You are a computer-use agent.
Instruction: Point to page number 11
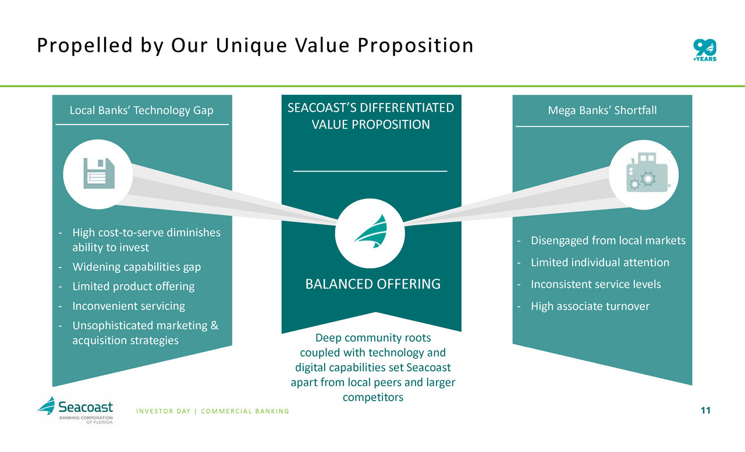pos(705,411)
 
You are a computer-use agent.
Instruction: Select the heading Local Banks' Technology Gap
pos(141,110)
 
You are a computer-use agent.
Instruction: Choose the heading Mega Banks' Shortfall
pos(602,110)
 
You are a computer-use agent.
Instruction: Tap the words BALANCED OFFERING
pos(373,284)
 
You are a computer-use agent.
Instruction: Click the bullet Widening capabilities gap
pos(136,267)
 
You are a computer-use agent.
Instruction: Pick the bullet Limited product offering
pos(133,286)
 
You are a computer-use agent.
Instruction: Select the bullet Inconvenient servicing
pos(129,306)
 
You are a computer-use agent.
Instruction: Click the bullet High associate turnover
pos(590,306)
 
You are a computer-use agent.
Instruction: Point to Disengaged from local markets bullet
pos(608,240)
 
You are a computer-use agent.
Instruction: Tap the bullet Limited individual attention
pos(600,262)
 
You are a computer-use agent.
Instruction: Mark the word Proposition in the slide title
pos(415,46)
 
